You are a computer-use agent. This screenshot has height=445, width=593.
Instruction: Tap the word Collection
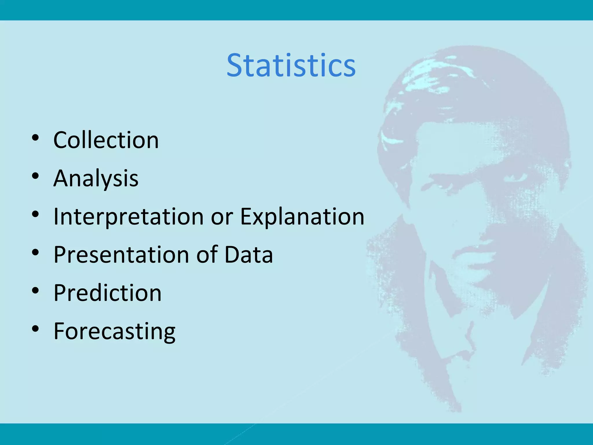106,140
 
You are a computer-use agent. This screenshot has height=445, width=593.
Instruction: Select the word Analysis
96,178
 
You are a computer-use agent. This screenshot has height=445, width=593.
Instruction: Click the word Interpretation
129,217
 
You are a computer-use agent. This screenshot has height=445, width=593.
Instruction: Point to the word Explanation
302,217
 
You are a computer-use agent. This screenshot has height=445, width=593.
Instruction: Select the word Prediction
107,293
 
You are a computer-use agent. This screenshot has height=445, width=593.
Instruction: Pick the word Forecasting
114,331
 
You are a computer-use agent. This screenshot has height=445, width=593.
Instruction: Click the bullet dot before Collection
35,138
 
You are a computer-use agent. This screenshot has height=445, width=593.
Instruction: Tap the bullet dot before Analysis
35,176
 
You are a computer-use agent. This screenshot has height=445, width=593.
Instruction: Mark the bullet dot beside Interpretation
35,214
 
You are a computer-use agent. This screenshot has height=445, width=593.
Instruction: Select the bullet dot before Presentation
35,253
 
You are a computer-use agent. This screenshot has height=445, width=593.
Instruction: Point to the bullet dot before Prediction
35,291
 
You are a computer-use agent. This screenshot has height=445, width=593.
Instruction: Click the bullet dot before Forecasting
35,329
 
